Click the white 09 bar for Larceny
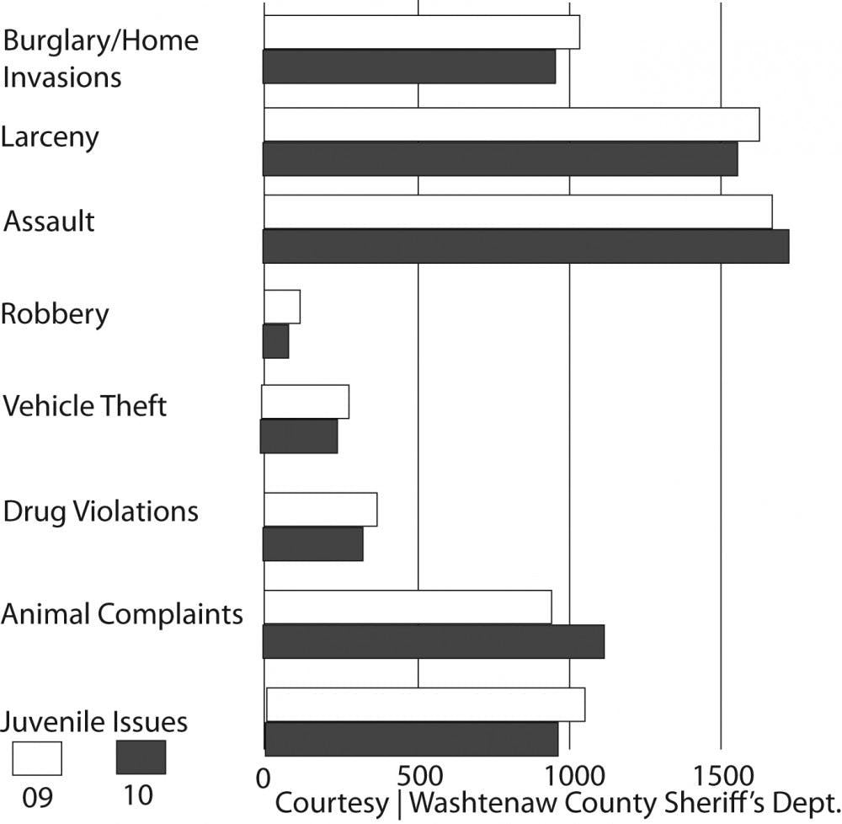pos(512,125)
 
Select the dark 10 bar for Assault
pos(525,246)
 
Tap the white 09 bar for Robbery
pos(282,307)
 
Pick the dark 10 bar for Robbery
pos(276,341)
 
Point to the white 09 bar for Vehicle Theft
pos(306,402)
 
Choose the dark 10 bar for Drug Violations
pos(313,544)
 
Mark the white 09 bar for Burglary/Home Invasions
pos(422,32)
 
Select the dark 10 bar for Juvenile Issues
pos(411,739)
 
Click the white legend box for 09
pos(37,757)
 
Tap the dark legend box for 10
pos(141,757)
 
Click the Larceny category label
pos(51,137)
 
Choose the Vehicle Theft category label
pos(85,406)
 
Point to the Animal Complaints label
pos(122,613)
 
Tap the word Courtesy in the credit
pos(331,803)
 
